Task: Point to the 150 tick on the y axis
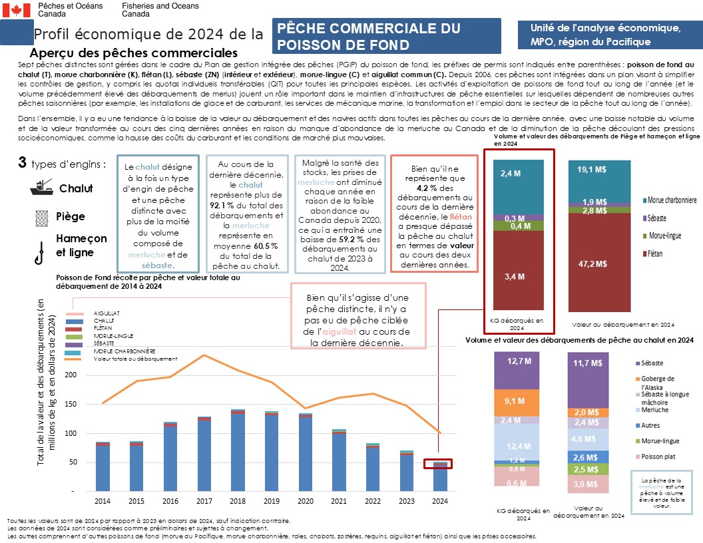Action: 73,404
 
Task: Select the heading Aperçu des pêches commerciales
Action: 134,53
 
